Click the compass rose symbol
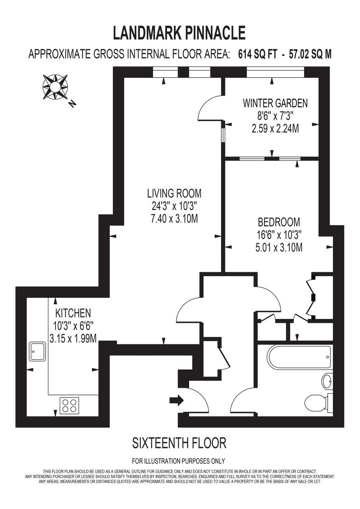pos(55,87)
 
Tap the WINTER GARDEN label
pos(275,103)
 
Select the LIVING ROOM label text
pos(174,193)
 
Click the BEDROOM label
pos(279,222)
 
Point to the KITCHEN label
pos(73,313)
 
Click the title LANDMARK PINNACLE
pos(179,32)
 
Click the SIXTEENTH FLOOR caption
pos(179,443)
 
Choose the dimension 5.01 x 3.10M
pos(279,247)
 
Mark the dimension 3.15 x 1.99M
pos(73,338)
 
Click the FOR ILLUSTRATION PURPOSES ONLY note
pos(179,461)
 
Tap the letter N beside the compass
pos(73,103)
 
